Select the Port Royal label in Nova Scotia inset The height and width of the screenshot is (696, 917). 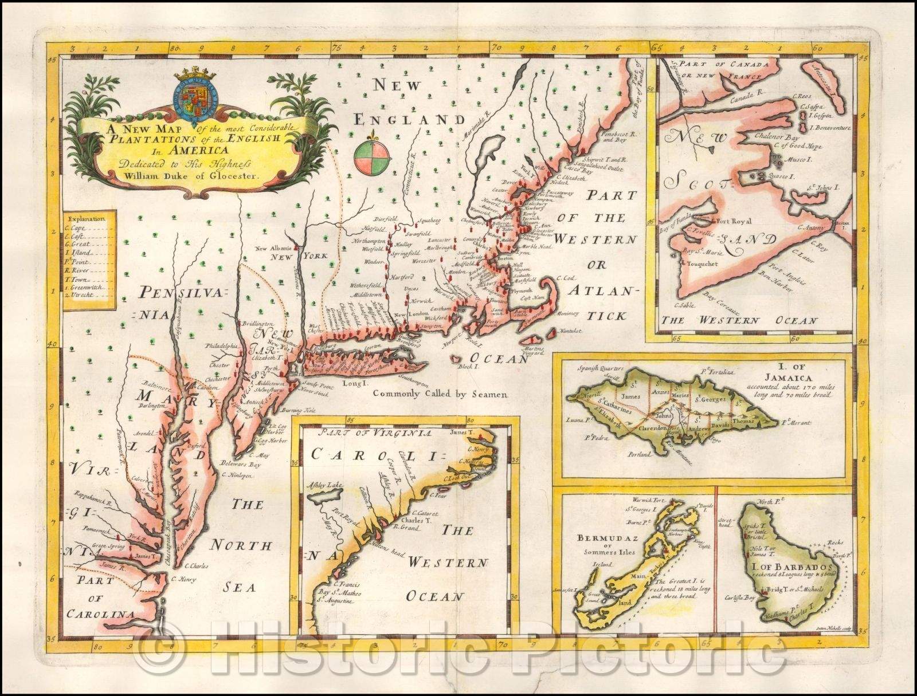(x=732, y=221)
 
